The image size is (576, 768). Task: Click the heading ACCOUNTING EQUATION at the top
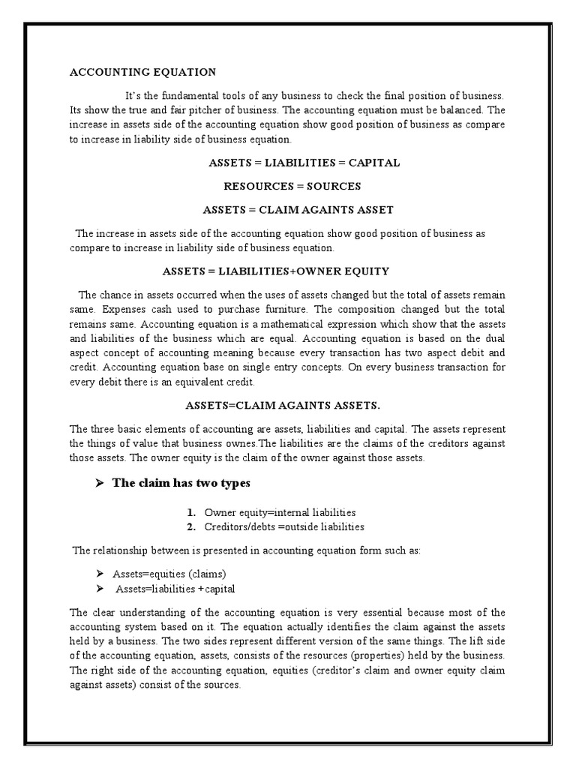pyautogui.click(x=142, y=72)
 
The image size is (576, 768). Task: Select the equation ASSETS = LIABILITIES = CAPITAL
pyautogui.click(x=304, y=163)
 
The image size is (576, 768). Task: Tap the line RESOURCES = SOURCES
pyautogui.click(x=292, y=186)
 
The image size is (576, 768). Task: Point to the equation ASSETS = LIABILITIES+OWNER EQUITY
pyautogui.click(x=287, y=271)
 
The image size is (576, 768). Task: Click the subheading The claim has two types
pyautogui.click(x=181, y=483)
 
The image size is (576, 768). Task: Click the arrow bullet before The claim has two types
pyautogui.click(x=97, y=483)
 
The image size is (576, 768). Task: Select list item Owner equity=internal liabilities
pyautogui.click(x=274, y=513)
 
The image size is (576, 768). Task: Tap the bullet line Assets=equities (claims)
pyautogui.click(x=169, y=574)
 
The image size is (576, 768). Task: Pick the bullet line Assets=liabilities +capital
pyautogui.click(x=175, y=589)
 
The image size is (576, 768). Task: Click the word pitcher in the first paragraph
pyautogui.click(x=178, y=109)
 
